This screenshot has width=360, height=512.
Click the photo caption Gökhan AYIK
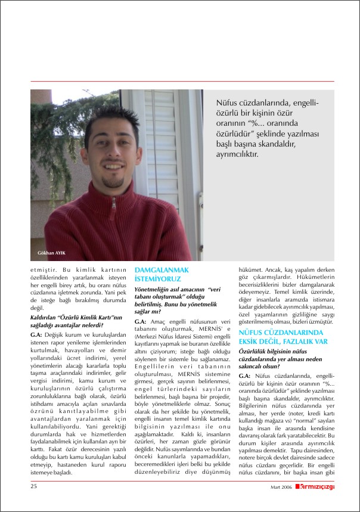coord(50,253)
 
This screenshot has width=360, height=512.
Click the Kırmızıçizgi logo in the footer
coord(313,487)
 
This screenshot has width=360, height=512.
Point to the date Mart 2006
coord(281,488)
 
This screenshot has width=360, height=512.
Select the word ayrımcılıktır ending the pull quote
coord(237,154)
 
